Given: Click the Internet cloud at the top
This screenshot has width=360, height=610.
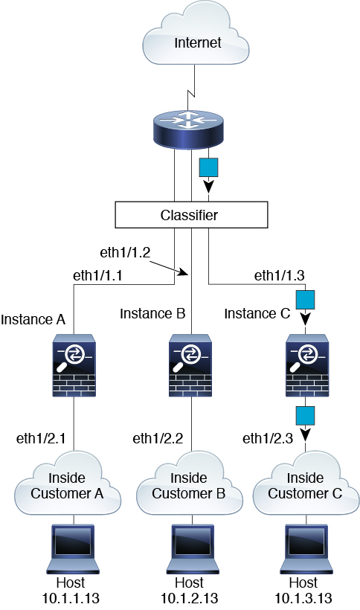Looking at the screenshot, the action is point(196,33).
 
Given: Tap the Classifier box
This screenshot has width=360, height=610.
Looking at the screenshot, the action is point(191,215).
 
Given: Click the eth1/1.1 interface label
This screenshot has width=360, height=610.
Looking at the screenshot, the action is point(97,275).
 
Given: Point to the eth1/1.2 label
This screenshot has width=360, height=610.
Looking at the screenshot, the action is point(125,252).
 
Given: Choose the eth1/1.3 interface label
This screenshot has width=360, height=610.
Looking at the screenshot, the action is point(279,275).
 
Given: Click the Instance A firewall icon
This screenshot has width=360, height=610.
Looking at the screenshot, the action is point(74,365).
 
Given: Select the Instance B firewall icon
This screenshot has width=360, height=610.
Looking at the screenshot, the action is point(190,365).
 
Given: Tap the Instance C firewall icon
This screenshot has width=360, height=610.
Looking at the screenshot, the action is point(307,365).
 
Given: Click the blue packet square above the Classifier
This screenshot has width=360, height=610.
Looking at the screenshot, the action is point(208,167).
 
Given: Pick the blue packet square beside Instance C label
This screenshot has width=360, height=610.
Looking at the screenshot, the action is point(305,300).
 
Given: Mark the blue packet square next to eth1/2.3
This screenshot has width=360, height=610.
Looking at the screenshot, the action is point(305,416).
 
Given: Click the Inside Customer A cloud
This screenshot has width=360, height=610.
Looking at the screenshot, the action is point(68,484).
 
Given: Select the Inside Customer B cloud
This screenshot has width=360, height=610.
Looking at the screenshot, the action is point(190,484).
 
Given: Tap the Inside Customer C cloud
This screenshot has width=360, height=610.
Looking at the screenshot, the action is point(306,484).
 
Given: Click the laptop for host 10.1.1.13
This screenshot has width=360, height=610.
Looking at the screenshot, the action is point(73,549).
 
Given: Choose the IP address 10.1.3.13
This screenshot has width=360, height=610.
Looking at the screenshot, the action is point(303,598).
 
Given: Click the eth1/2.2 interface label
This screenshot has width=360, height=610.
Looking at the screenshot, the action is point(158,438).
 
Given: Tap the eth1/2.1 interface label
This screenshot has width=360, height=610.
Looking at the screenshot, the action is point(41,438).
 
